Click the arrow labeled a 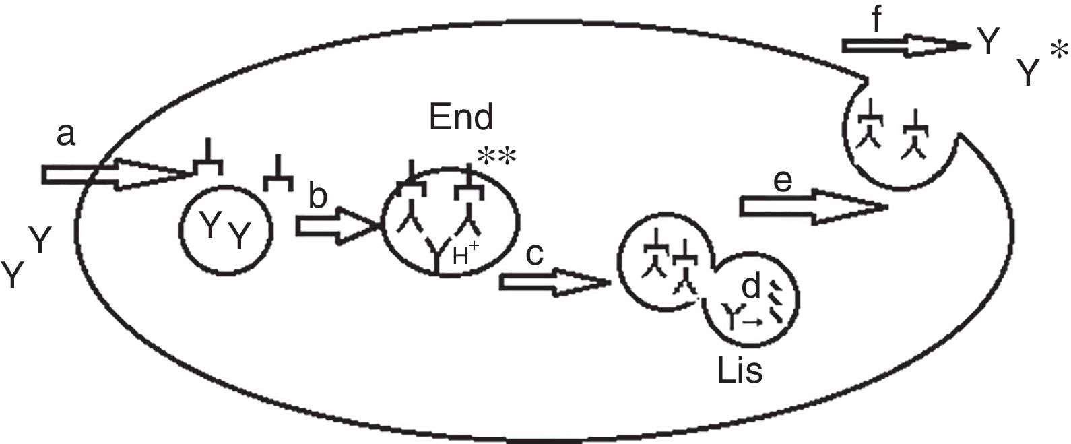click(115, 175)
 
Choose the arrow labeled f click(903, 46)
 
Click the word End click(461, 118)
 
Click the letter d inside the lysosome click(750, 288)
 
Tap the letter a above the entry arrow click(65, 135)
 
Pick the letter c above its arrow click(535, 255)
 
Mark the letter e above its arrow click(781, 181)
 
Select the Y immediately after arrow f click(988, 43)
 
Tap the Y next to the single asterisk click(1027, 73)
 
